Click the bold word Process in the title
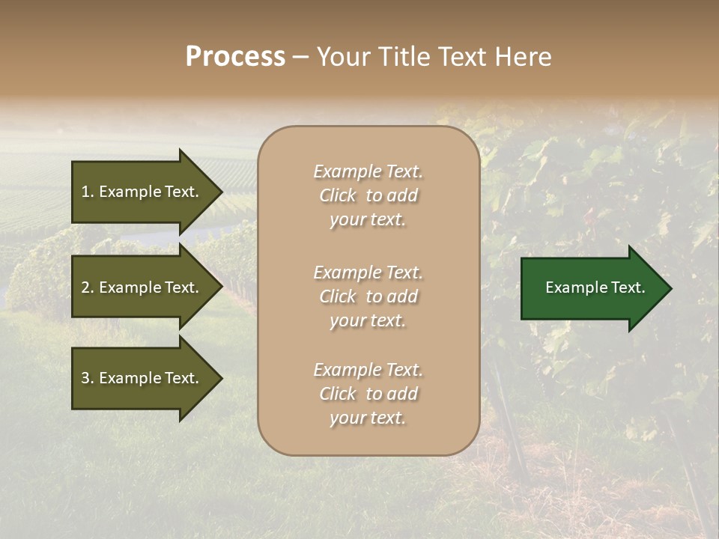tap(235, 57)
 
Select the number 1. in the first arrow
tap(88, 192)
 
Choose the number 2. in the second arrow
tap(88, 287)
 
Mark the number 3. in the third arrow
tap(88, 378)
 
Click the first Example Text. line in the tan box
tap(368, 171)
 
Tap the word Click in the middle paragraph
tap(338, 296)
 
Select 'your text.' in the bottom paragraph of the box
tap(368, 418)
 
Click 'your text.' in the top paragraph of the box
tap(368, 219)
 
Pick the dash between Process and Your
tap(300, 57)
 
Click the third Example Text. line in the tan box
tap(368, 370)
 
